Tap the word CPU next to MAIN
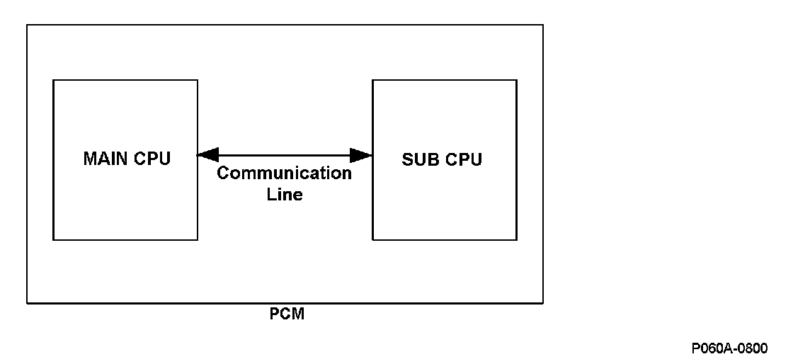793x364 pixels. pyautogui.click(x=152, y=159)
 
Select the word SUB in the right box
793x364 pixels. pyautogui.click(x=418, y=159)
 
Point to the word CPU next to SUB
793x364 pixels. pyautogui.click(x=463, y=159)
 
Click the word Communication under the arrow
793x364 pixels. pyautogui.click(x=284, y=174)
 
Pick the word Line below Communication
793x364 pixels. pyautogui.click(x=285, y=195)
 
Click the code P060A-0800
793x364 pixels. pyautogui.click(x=730, y=348)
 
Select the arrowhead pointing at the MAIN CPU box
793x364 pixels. pyautogui.click(x=207, y=154)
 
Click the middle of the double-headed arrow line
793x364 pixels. pyautogui.click(x=285, y=154)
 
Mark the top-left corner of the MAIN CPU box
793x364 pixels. pyautogui.click(x=53, y=80)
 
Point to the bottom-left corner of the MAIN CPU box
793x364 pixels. pyautogui.click(x=53, y=240)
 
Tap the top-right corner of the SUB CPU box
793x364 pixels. pyautogui.click(x=516, y=80)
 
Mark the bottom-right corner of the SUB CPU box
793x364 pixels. pyautogui.click(x=516, y=240)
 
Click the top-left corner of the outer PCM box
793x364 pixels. pyautogui.click(x=27, y=25)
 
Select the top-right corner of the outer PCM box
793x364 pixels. pyautogui.click(x=543, y=25)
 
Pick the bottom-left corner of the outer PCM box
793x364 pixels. pyautogui.click(x=27, y=303)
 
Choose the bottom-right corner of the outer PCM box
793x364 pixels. pyautogui.click(x=543, y=303)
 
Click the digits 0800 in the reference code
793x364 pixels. pyautogui.click(x=751, y=348)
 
